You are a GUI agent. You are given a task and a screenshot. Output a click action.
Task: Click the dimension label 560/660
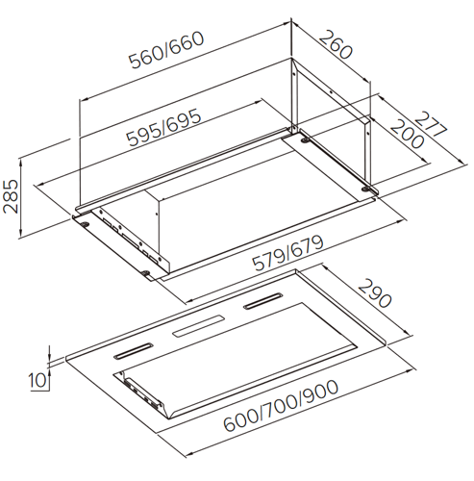click(166, 50)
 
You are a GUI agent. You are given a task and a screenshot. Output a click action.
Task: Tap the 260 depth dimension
click(336, 44)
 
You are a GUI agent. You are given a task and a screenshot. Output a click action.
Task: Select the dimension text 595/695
click(163, 127)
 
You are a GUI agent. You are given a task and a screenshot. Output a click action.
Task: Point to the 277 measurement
click(431, 124)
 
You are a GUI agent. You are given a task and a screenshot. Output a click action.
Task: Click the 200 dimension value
click(407, 134)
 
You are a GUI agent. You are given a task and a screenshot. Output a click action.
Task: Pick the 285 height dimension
click(11, 196)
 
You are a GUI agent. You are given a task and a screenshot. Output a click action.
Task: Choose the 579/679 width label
click(287, 253)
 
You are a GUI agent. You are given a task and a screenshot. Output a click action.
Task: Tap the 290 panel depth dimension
click(375, 293)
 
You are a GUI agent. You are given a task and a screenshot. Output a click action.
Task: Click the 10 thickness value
click(37, 381)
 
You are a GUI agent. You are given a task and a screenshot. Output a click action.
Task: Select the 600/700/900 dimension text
click(281, 406)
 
